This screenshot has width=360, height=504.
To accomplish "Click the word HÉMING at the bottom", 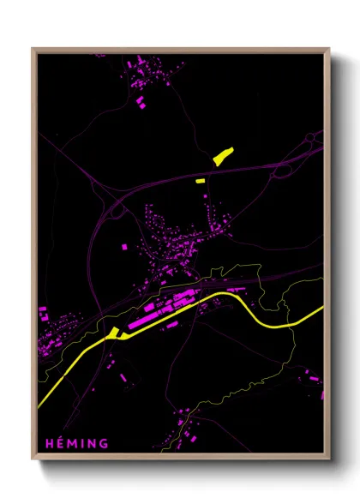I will tap(78, 443).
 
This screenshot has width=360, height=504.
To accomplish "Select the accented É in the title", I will tap(60, 443).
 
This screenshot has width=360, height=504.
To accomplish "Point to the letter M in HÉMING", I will tap(72, 443).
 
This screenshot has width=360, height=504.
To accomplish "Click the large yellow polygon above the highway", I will tap(223, 156).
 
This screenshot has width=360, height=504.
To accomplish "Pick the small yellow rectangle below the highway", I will tap(201, 181).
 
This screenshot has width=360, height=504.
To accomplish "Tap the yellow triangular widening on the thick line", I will tap(115, 333).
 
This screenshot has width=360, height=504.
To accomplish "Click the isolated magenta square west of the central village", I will tap(124, 247).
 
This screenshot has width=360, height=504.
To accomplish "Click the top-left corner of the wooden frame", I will tap(33, 49).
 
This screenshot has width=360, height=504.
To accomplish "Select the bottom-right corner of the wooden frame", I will tap(330, 461).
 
